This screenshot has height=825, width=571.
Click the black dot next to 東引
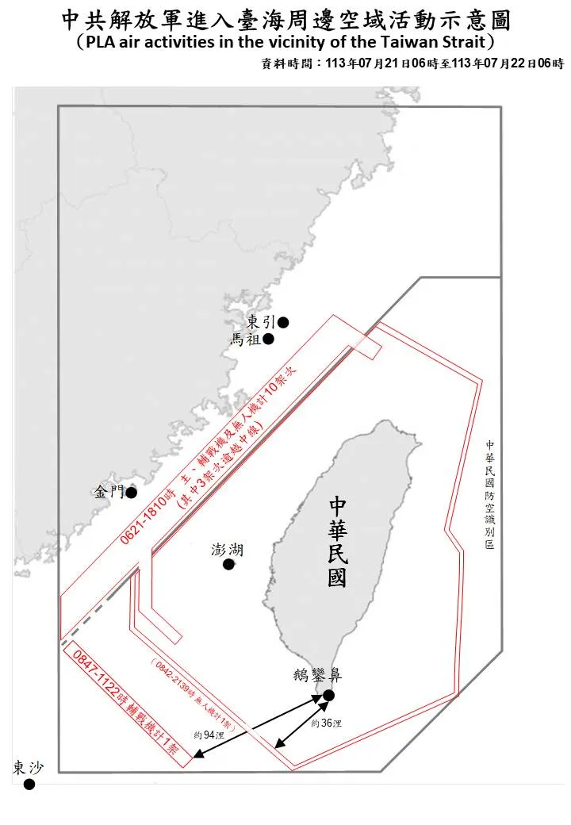pyautogui.click(x=283, y=322)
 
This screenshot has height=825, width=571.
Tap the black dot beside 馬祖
pyautogui.click(x=269, y=340)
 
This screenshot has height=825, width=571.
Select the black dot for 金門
pyautogui.click(x=132, y=493)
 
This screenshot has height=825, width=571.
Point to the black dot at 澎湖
pyautogui.click(x=228, y=565)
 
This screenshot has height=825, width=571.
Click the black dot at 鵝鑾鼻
pyautogui.click(x=328, y=696)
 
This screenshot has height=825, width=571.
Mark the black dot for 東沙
pyautogui.click(x=29, y=785)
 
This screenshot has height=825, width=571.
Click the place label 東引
pyautogui.click(x=261, y=322)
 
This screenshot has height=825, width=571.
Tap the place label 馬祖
pyautogui.click(x=246, y=340)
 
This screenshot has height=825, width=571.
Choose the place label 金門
pyautogui.click(x=109, y=492)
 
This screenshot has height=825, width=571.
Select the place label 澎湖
pyautogui.click(x=227, y=550)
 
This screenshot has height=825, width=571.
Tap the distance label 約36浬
pyautogui.click(x=326, y=723)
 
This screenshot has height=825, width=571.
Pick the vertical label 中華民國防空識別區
pyautogui.click(x=490, y=495)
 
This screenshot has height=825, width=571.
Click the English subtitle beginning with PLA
pyautogui.click(x=285, y=41)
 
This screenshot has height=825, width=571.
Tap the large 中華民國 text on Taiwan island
pyautogui.click(x=337, y=543)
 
